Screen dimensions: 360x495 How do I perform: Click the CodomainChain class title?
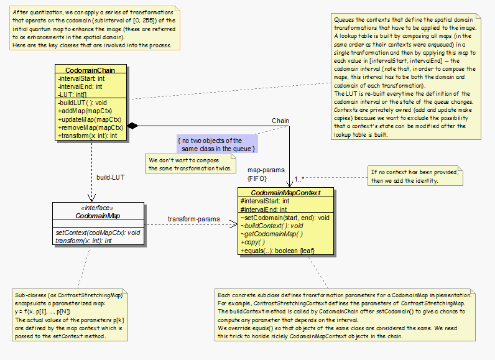click(x=91, y=70)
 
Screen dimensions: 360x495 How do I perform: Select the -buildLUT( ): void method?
click(x=83, y=103)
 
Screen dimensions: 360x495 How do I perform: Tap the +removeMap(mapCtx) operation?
click(x=90, y=127)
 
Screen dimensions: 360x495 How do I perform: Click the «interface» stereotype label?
click(x=98, y=208)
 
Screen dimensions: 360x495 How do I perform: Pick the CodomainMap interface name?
click(x=98, y=216)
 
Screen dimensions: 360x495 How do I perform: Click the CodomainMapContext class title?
click(x=287, y=193)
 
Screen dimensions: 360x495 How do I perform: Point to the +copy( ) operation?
click(x=254, y=242)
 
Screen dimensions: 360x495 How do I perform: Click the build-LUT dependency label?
click(x=110, y=177)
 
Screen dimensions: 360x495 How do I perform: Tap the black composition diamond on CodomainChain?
click(x=132, y=126)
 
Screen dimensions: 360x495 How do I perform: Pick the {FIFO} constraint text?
click(x=257, y=178)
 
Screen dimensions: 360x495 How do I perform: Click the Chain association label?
click(x=280, y=120)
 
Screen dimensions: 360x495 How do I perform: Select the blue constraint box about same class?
click(x=217, y=145)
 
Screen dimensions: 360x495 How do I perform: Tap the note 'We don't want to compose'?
click(x=191, y=164)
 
